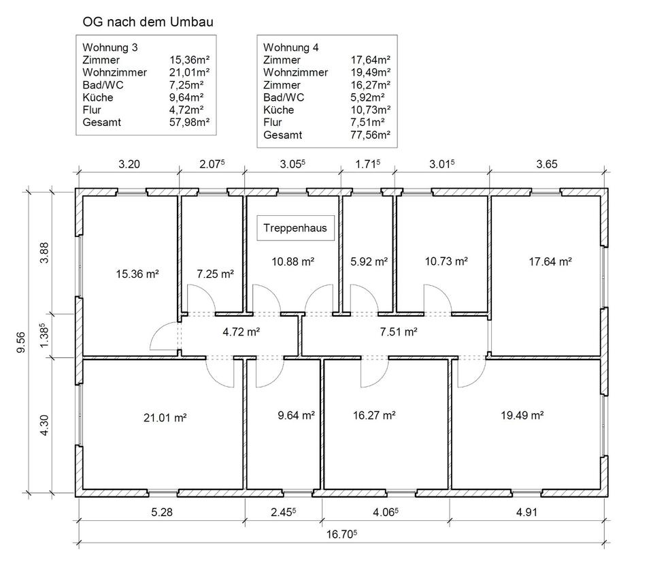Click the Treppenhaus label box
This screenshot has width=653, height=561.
tap(296, 229)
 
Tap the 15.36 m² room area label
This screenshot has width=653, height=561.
tap(137, 274)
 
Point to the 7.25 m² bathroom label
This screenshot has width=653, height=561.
tap(215, 274)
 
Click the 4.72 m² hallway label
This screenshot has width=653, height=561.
tap(241, 332)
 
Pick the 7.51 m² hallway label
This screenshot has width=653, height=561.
tap(398, 332)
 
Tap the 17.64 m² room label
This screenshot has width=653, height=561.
tap(550, 261)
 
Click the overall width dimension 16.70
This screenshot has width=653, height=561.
tap(341, 534)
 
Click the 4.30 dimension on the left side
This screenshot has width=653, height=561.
tap(45, 423)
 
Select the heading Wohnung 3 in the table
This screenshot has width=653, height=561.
tap(105, 48)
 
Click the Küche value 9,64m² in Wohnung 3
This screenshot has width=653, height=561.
tap(188, 97)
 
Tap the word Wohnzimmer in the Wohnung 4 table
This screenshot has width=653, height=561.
tap(295, 72)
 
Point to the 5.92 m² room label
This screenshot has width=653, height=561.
tap(369, 261)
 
